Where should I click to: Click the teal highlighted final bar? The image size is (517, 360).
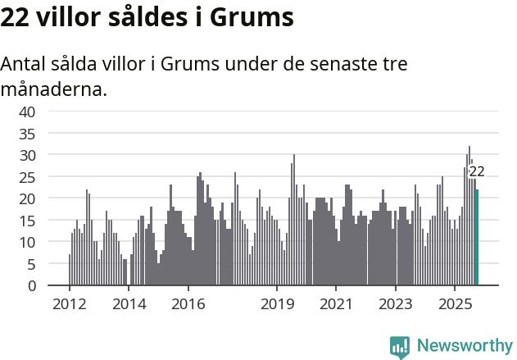tap(477, 238)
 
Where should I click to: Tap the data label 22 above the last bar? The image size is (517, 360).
tap(477, 172)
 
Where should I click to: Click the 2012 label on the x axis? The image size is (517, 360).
tap(69, 304)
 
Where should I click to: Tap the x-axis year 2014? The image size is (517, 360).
tap(128, 304)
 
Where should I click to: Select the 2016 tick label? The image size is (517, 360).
tap(188, 304)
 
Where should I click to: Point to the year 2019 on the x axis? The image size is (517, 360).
tap(277, 304)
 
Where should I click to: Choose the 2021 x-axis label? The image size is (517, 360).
tap(336, 304)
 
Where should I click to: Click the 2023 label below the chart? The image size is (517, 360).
tap(396, 304)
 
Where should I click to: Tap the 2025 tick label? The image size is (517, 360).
tap(455, 304)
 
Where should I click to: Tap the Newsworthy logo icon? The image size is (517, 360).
tap(400, 346)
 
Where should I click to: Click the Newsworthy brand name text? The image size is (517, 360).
tap(464, 346)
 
